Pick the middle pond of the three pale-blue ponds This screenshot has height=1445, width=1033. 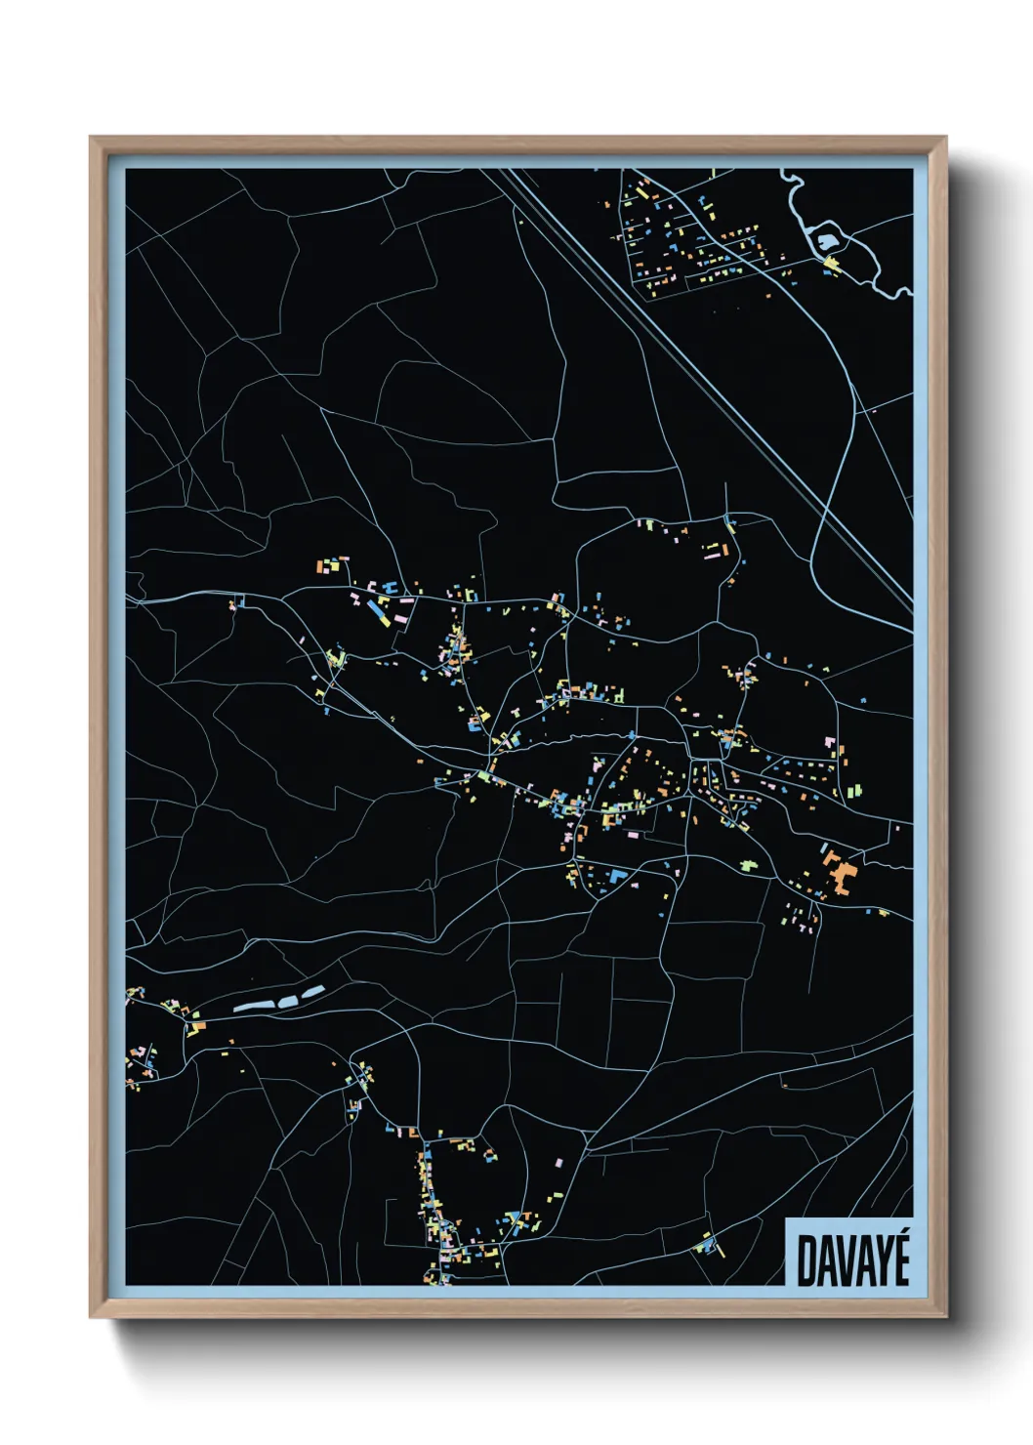tap(286, 1000)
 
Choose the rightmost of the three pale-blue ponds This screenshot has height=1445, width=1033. tap(312, 992)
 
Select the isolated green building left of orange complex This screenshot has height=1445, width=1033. tap(749, 865)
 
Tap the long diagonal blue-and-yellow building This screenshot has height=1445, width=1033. tap(378, 612)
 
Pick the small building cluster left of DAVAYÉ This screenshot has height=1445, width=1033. tap(707, 1245)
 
